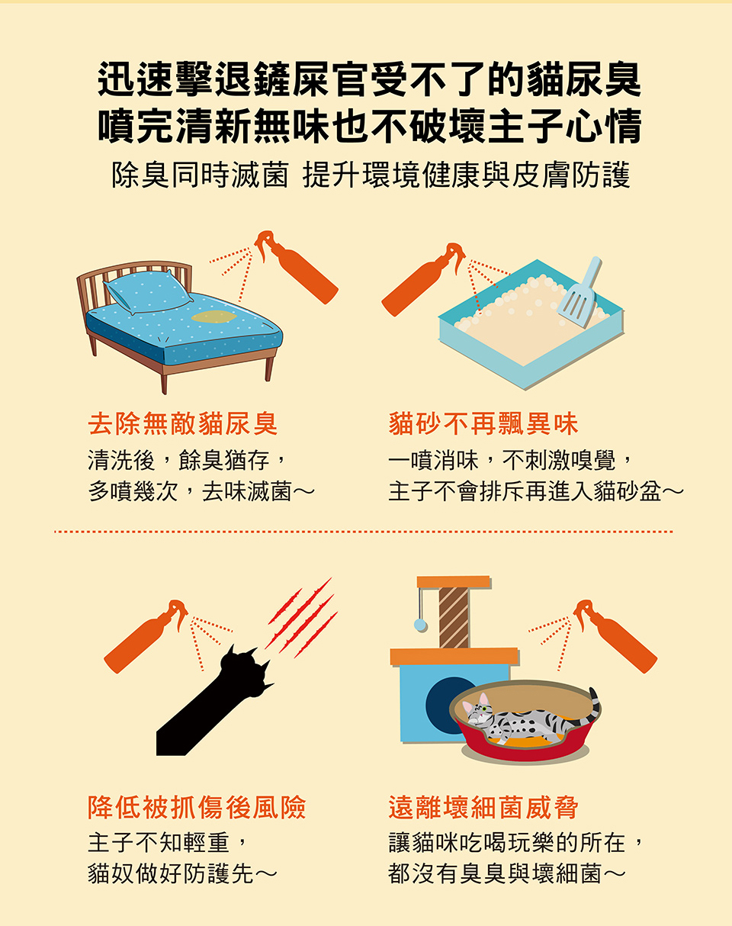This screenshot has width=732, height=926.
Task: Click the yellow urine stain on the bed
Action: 213,317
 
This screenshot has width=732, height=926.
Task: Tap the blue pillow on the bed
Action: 148,291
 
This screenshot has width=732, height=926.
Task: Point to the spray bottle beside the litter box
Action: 424,279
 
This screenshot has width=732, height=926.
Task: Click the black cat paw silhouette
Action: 215,699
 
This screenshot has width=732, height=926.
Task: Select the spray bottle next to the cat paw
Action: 146,636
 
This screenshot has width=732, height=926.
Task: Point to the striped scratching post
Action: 454,618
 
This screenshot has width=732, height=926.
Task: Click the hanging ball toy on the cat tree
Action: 421,625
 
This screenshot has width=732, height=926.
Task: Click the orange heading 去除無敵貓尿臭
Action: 183,424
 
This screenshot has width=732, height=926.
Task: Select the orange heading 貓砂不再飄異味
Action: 483,424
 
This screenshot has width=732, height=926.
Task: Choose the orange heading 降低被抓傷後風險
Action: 197,807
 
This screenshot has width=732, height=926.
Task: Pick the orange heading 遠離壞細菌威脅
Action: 483,807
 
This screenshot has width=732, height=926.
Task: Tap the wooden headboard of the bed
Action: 133,282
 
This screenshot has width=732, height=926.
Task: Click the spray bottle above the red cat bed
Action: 615,636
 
